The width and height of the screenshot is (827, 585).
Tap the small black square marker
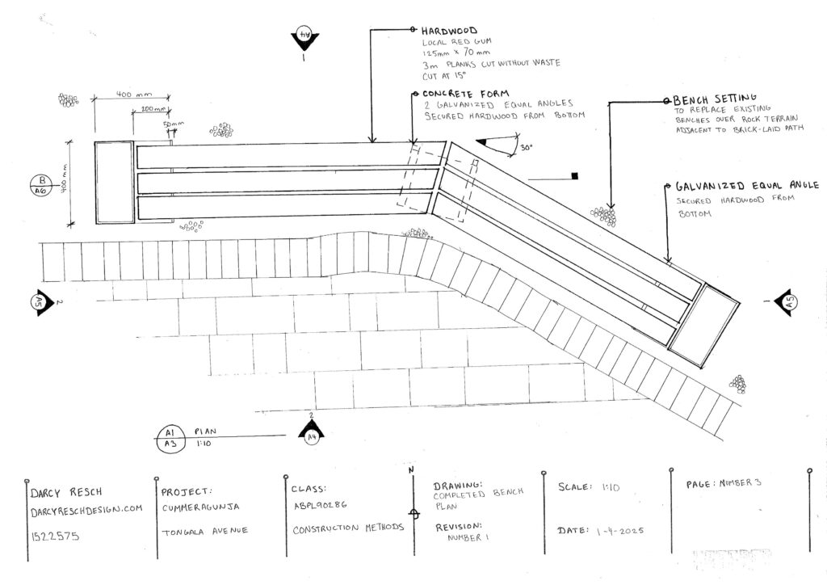tap(574, 175)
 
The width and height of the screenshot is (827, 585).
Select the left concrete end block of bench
tap(113, 182)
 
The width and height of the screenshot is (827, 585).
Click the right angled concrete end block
tap(704, 324)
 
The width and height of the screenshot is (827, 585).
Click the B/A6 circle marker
tap(38, 186)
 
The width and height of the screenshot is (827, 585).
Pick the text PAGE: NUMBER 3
tap(723, 483)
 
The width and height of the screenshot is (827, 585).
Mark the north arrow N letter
tap(412, 470)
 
